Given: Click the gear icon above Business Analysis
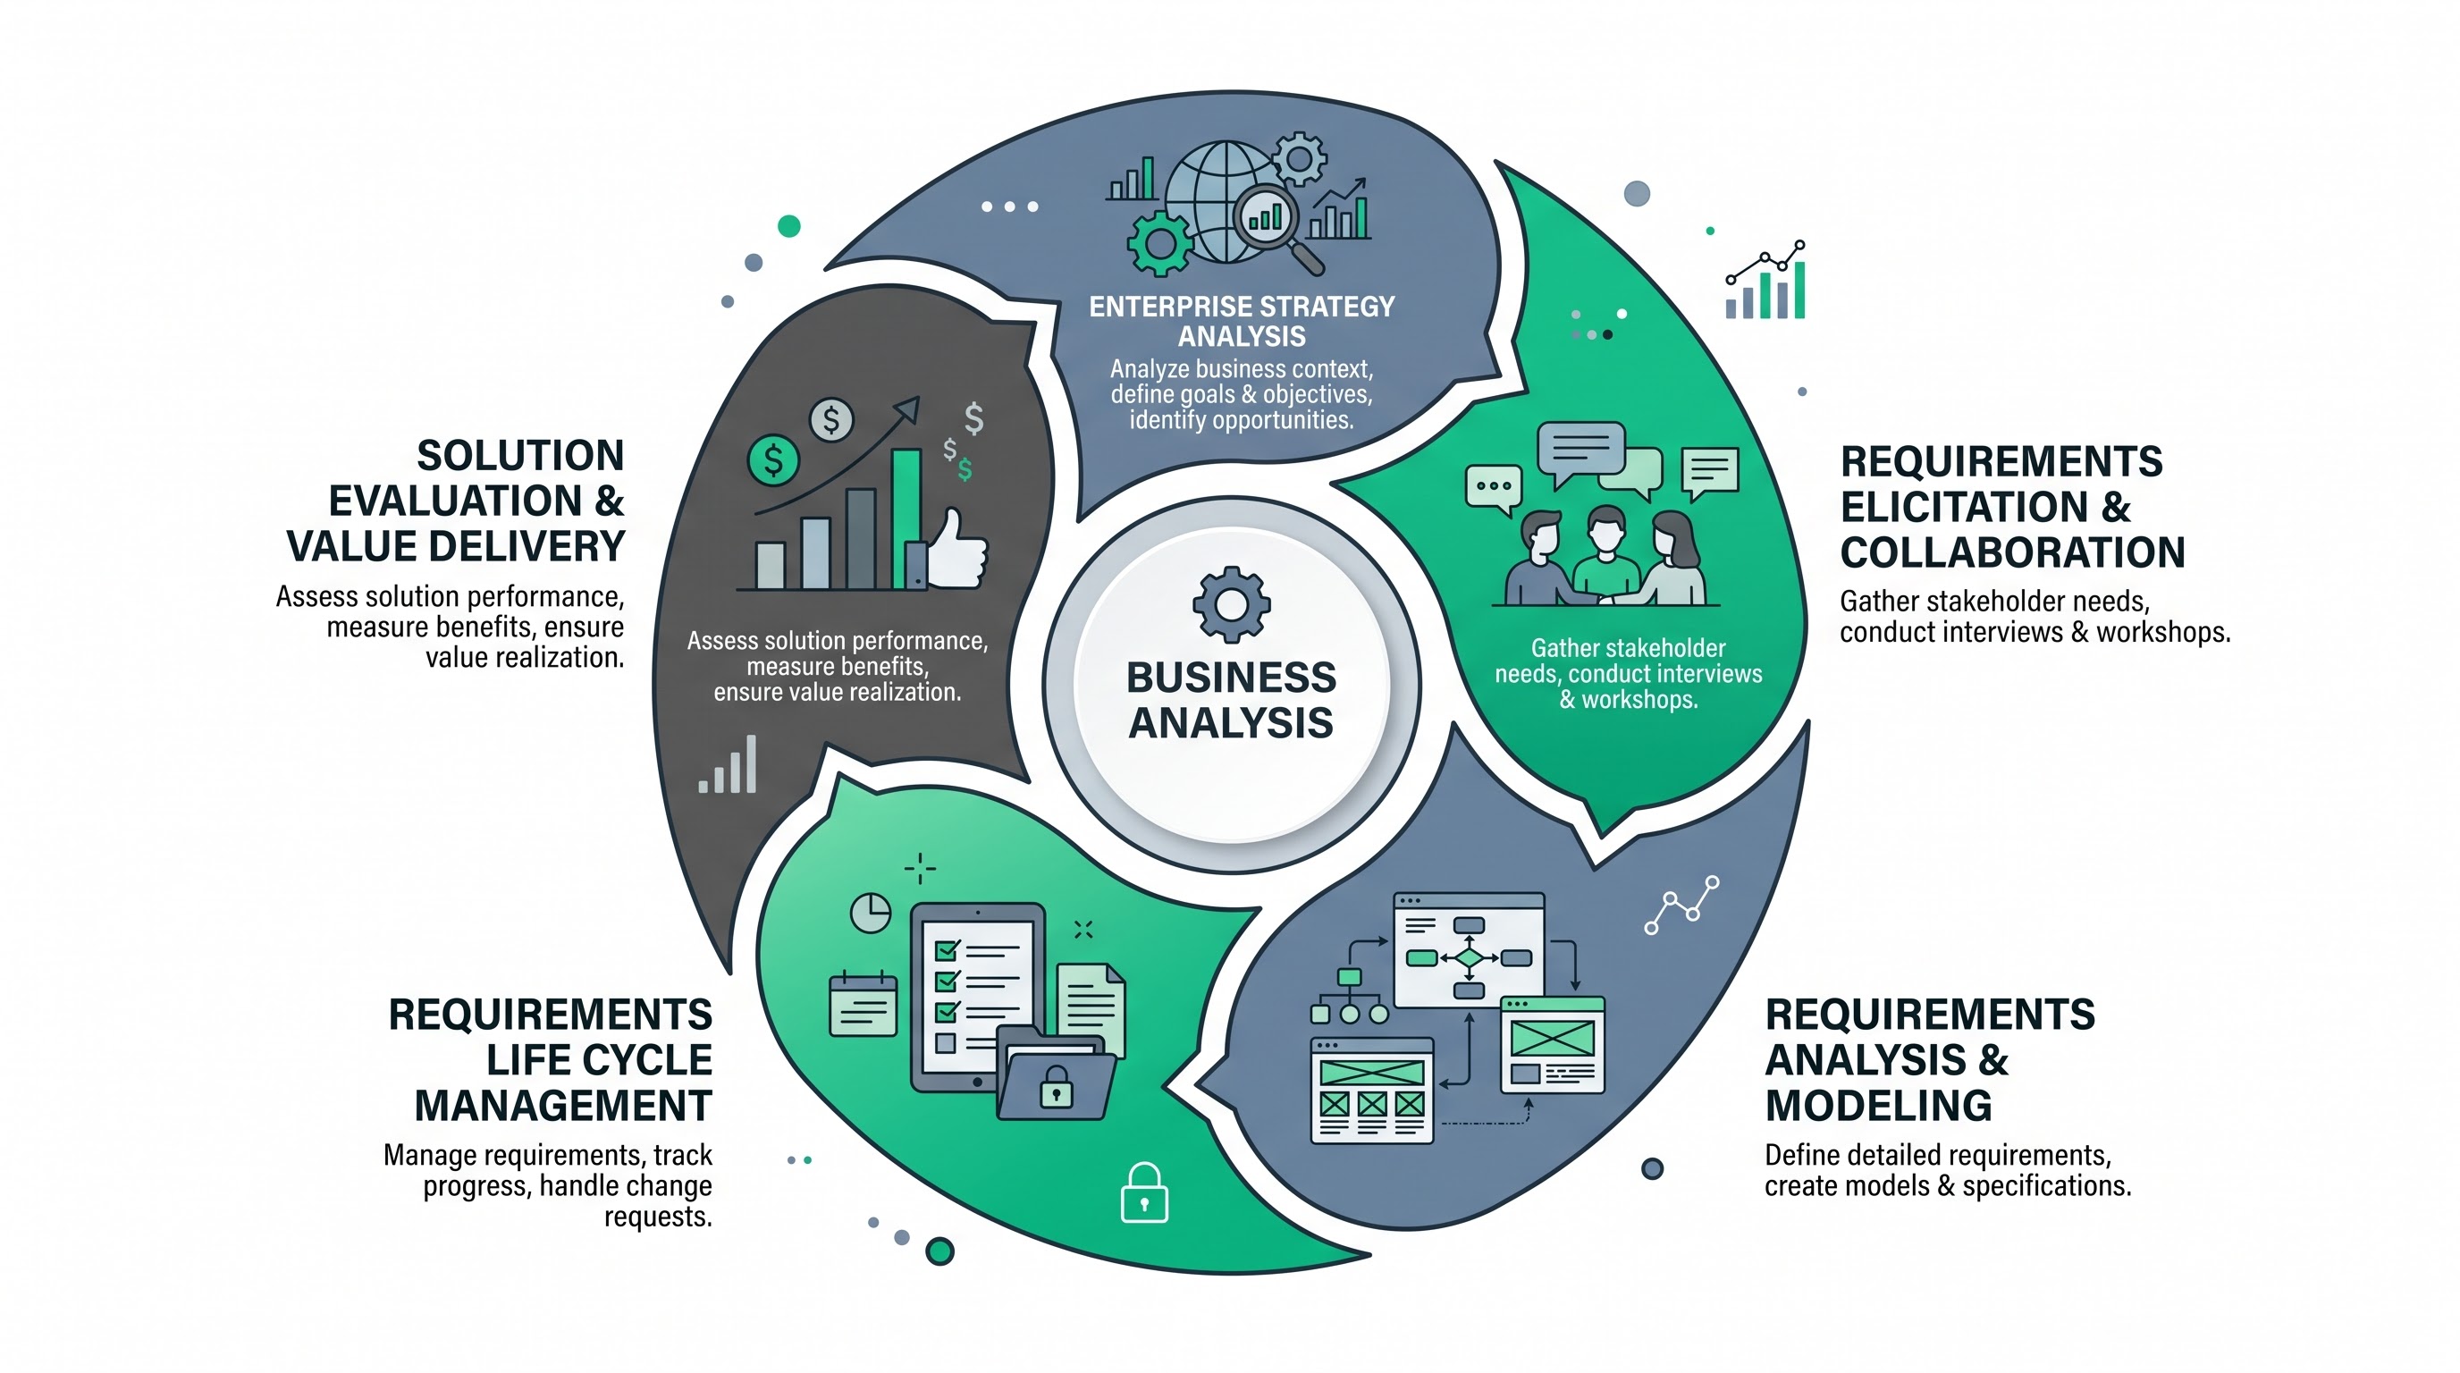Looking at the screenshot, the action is point(1231,603).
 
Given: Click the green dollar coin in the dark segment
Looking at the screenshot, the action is point(772,460).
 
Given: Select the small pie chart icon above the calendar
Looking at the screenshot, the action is point(870,913).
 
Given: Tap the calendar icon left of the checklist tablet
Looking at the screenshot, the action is point(864,1004).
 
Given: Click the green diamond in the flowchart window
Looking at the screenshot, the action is point(1469,957).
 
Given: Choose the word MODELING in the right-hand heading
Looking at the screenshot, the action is point(1878,1106).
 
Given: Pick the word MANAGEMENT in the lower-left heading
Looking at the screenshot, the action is point(563,1106).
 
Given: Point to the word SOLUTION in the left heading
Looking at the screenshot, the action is point(520,456).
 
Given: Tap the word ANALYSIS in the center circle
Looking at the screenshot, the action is point(1231,723).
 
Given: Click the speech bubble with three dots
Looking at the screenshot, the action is point(1493,489).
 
